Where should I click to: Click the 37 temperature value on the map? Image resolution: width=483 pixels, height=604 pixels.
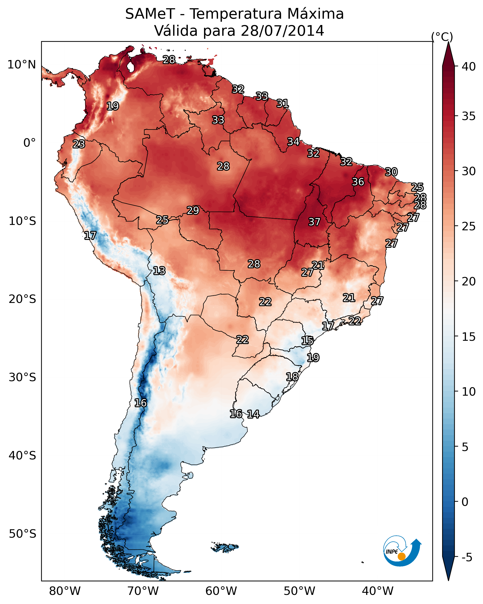[x=314, y=222]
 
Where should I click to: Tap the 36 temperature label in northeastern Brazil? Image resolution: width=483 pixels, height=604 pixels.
[x=358, y=182]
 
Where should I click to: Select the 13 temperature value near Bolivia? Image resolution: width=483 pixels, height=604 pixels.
[x=159, y=271]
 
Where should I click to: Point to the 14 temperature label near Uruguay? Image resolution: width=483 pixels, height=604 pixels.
[x=253, y=414]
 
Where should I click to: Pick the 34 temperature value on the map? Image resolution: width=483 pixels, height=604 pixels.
[x=293, y=142]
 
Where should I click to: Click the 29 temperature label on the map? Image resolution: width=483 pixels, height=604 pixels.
[x=193, y=210]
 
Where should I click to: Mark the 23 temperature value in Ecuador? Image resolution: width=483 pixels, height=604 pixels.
[x=79, y=144]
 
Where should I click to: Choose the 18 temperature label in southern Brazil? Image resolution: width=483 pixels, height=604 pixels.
[x=292, y=377]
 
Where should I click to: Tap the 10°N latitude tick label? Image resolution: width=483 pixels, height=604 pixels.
[x=21, y=65]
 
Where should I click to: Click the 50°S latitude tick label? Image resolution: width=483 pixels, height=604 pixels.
[x=22, y=534]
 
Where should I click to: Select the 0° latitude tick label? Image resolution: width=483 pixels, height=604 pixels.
[x=29, y=143]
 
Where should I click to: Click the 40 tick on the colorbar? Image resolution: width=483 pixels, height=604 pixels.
[x=469, y=67]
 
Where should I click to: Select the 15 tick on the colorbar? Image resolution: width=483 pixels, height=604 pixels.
[x=469, y=337]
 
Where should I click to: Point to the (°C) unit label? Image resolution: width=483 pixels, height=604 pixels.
[x=442, y=37]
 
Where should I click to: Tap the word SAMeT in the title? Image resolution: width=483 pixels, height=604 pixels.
[x=150, y=14]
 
